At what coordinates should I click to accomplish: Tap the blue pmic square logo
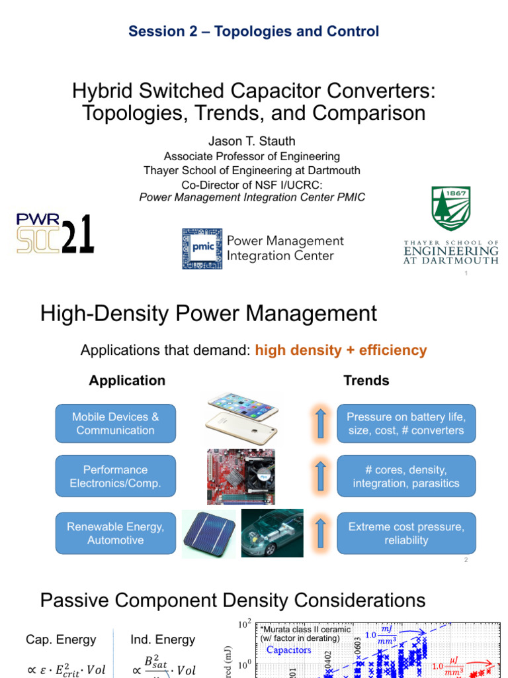pyautogui.click(x=202, y=248)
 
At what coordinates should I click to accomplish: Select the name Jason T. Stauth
pyautogui.click(x=254, y=142)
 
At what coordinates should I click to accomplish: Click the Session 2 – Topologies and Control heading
pyautogui.click(x=254, y=31)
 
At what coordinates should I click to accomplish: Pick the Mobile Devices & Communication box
pyautogui.click(x=115, y=423)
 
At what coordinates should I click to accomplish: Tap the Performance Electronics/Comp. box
pyautogui.click(x=115, y=476)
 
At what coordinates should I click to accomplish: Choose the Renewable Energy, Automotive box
pyautogui.click(x=115, y=533)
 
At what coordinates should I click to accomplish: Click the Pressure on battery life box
pyautogui.click(x=406, y=423)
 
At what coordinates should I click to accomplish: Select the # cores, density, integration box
pyautogui.click(x=406, y=476)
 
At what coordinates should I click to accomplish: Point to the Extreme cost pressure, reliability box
pyautogui.click(x=406, y=533)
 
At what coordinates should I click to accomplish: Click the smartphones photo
pyautogui.click(x=243, y=419)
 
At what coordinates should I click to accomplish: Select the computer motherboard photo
pyautogui.click(x=244, y=477)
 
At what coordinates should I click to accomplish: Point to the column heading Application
pyautogui.click(x=127, y=380)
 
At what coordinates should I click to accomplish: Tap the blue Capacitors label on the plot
pyautogui.click(x=288, y=650)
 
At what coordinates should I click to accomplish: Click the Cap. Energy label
pyautogui.click(x=61, y=640)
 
